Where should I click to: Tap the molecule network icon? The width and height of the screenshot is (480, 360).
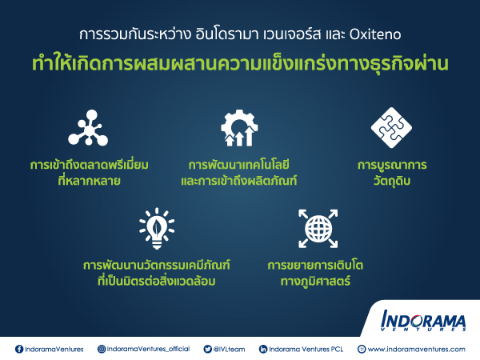(x=88, y=128)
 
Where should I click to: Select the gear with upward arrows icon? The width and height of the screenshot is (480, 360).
(x=239, y=128)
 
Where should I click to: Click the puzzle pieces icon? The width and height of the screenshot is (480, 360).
(x=391, y=128)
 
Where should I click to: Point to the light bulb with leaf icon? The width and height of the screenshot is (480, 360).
(x=157, y=228)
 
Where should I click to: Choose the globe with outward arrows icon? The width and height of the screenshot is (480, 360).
(x=318, y=228)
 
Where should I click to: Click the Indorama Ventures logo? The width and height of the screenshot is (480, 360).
(x=423, y=321)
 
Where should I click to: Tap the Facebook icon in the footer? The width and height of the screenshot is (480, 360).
(x=19, y=349)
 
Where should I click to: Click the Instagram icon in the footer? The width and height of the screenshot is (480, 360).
(x=102, y=349)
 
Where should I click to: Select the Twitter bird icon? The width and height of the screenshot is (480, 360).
(x=207, y=349)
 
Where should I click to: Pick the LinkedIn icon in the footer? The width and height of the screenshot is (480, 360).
(x=263, y=349)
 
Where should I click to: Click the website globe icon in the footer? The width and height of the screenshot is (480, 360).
(x=362, y=349)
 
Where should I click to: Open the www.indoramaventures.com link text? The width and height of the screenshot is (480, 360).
(x=416, y=350)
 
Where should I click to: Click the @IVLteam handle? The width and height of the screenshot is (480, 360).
(x=229, y=350)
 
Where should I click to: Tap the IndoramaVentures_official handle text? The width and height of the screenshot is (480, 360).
(x=148, y=350)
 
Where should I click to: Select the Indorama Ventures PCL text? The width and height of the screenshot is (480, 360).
(x=306, y=350)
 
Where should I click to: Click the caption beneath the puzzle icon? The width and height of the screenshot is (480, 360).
(x=392, y=173)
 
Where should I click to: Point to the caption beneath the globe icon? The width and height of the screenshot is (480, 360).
(x=315, y=273)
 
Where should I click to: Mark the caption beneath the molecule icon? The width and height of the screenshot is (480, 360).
(x=89, y=173)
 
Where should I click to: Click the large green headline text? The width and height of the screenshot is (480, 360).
(x=240, y=63)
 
